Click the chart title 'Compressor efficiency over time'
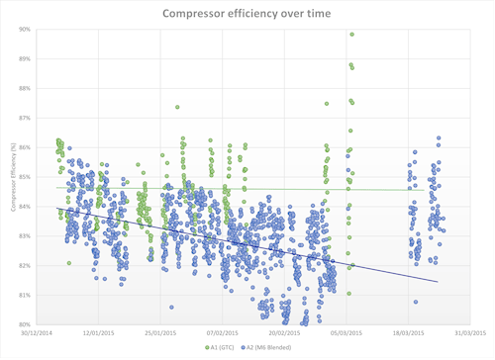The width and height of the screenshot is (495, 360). coord(247,12)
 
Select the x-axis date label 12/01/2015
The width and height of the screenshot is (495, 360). coord(97,333)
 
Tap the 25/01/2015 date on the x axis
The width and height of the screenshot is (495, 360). coord(160,333)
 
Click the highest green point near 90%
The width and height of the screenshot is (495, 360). coord(351,35)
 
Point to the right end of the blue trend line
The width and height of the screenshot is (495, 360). coord(438,282)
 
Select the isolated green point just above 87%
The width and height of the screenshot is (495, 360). coord(177,107)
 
